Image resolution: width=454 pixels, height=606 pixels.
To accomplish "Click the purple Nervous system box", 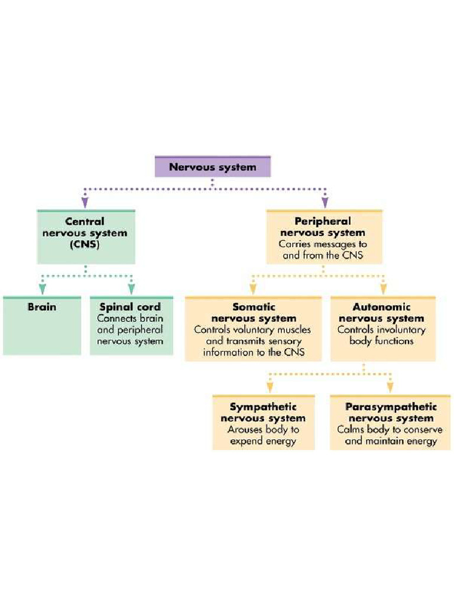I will pyautogui.click(x=213, y=167).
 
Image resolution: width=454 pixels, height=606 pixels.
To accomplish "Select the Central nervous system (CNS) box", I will pyautogui.click(x=86, y=237).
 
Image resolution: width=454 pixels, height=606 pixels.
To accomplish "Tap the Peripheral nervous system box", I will pyautogui.click(x=323, y=237).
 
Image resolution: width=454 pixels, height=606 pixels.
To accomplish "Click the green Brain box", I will pyautogui.click(x=42, y=325).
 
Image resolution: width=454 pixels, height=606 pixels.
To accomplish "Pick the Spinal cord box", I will pyautogui.click(x=131, y=325).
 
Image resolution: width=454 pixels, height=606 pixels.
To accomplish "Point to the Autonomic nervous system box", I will pyautogui.click(x=382, y=329).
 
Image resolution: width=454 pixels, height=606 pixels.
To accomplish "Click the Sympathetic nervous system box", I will pyautogui.click(x=263, y=423).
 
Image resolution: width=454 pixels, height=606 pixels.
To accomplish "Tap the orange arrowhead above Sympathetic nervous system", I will pyautogui.click(x=270, y=387).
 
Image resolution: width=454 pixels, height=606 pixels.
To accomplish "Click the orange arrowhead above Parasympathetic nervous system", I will pyautogui.click(x=390, y=387).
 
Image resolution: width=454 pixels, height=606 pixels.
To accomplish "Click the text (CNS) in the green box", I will pyautogui.click(x=86, y=244).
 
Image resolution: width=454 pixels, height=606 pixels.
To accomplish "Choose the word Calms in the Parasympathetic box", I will pyautogui.click(x=350, y=430).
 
